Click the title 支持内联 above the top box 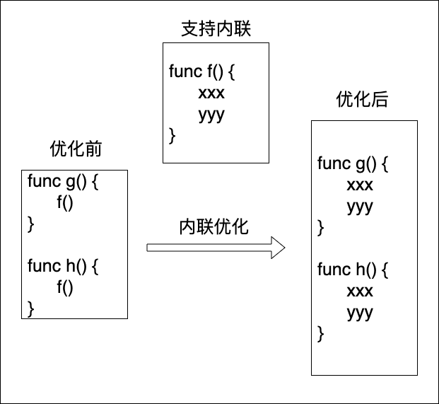[216, 29]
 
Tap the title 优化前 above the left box [76, 149]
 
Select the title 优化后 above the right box [362, 100]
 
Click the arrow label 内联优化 [214, 226]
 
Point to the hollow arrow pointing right [216, 248]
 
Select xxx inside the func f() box [211, 93]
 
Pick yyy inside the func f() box [211, 115]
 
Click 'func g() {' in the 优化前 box [64, 181]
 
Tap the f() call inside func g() [65, 203]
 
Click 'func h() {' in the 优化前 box [64, 266]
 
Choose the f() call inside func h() [65, 287]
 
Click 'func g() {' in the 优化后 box [353, 164]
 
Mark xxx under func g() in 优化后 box [360, 185]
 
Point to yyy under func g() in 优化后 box [360, 207]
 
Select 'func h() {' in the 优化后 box [353, 270]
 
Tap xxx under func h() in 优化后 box [360, 291]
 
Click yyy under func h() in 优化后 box [360, 313]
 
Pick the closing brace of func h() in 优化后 [321, 333]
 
